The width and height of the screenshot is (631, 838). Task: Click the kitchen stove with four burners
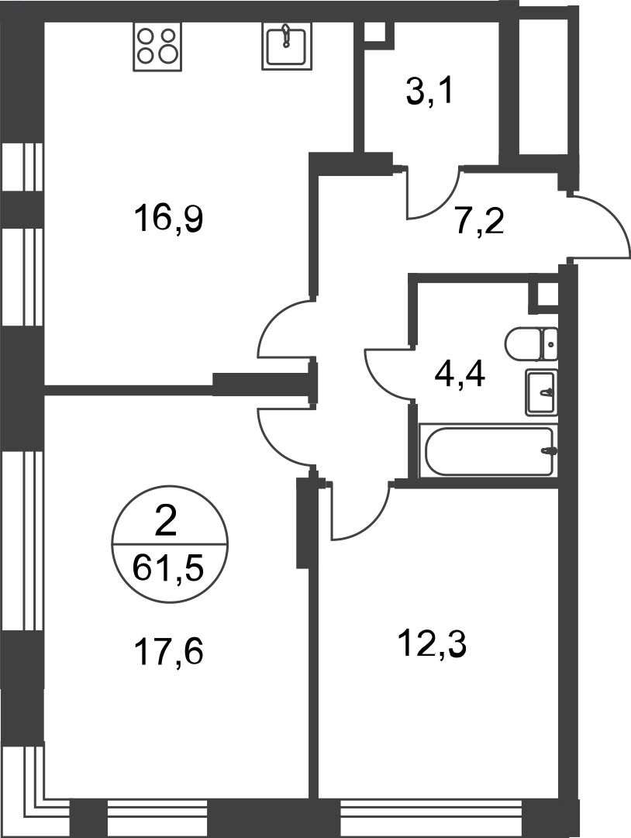[157, 47]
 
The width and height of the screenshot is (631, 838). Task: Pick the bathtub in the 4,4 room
[489, 450]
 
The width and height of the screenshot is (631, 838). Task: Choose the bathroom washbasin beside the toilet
[542, 392]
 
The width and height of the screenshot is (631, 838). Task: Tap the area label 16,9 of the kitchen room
[169, 219]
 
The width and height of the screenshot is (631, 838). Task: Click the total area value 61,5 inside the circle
[168, 568]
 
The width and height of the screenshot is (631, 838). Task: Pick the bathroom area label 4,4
[460, 374]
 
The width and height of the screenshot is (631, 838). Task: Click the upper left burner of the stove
[146, 36]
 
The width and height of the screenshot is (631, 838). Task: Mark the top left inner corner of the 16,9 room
[44, 23]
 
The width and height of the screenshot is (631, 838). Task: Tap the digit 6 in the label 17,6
[192, 653]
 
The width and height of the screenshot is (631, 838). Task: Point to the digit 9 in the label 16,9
[193, 219]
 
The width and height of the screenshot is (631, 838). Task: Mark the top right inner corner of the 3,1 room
[499, 23]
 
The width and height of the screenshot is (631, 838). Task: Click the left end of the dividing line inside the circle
[112, 545]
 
